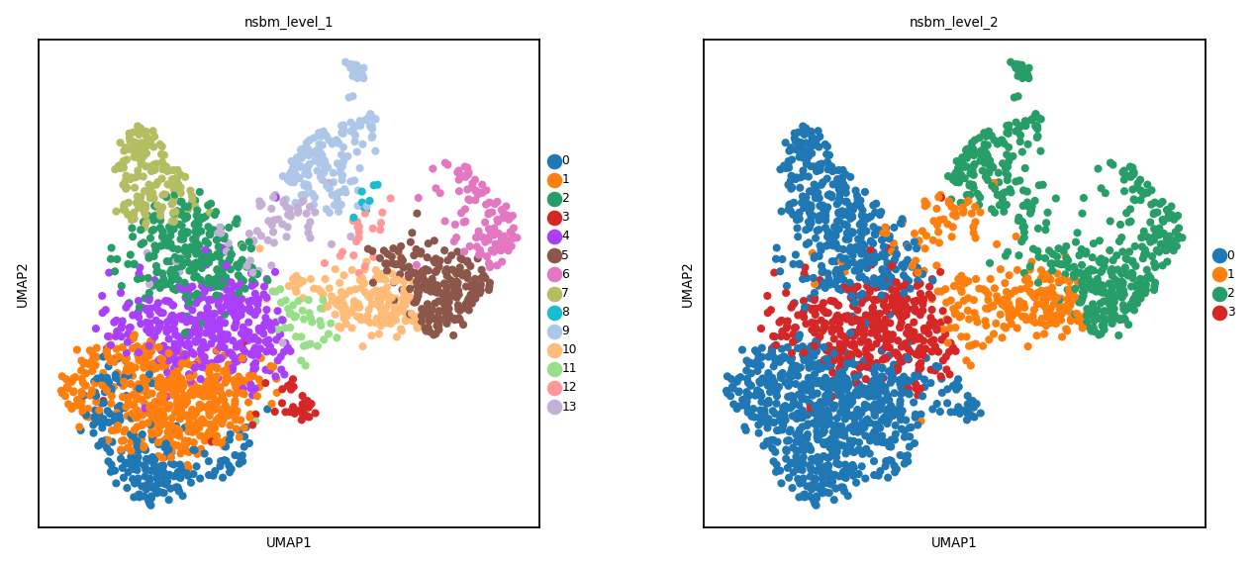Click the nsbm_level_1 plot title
coord(288,23)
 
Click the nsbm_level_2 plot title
coord(953,23)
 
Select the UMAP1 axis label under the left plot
coord(289,542)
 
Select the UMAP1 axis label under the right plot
coord(953,542)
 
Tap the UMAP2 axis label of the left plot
coord(23,286)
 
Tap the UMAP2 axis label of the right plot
coord(688,286)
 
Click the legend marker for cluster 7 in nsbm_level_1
coord(554,294)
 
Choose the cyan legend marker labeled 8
coord(554,313)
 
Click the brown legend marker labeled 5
coord(554,256)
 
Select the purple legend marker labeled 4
coord(554,237)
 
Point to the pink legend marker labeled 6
coord(554,275)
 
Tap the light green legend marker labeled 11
coord(554,369)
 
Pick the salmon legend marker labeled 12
coord(554,388)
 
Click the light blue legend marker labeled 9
coord(554,331)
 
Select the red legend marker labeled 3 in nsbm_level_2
coord(1219,313)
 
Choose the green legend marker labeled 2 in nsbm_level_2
coord(1219,294)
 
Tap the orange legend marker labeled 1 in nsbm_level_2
coord(1219,275)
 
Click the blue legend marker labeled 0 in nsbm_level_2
coord(1219,256)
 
